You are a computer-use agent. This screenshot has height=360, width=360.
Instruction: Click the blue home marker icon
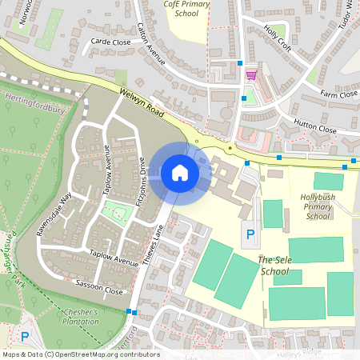[180, 173]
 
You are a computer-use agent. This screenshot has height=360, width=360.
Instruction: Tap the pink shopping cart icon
[251, 74]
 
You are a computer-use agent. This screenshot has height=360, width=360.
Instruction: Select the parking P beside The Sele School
[250, 234]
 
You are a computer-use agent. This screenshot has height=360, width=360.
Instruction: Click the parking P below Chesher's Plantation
[24, 338]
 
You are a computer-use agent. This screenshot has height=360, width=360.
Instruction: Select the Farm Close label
[338, 94]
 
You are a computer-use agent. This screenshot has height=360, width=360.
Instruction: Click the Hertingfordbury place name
[34, 110]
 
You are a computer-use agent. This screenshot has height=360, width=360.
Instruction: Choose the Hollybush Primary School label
[318, 206]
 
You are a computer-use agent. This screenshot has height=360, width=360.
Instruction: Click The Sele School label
[272, 266]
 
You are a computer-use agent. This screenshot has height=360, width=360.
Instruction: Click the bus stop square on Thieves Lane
[130, 311]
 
